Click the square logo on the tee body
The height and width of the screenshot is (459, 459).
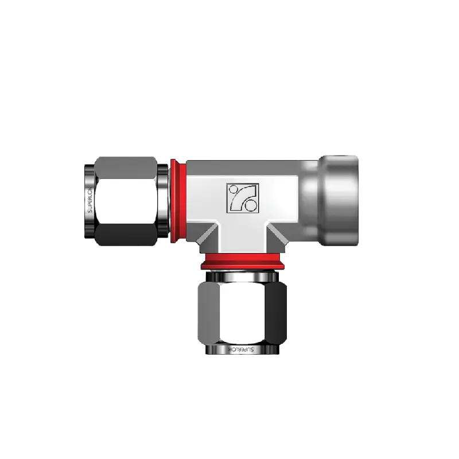[243, 197]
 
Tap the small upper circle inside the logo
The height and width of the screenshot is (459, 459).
[234, 189]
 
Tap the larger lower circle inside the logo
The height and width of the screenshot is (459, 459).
[250, 205]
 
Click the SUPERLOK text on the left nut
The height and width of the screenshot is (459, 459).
[90, 200]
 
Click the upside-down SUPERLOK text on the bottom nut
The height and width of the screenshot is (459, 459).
[241, 349]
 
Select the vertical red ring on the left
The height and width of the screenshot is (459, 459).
[177, 201]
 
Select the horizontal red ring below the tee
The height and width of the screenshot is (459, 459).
[242, 261]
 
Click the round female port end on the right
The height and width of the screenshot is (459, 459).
[338, 201]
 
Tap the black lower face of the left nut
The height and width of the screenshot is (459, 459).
[126, 235]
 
